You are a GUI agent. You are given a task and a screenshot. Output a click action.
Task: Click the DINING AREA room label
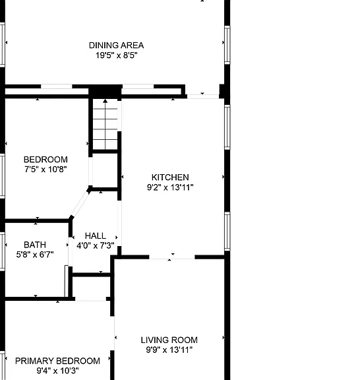116,46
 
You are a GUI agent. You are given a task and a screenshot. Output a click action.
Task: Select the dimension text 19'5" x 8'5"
116,55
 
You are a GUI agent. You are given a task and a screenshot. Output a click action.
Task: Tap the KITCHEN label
170,177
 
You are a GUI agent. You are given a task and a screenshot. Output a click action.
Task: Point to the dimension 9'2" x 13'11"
170,187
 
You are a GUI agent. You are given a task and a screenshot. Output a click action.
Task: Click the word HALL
96,236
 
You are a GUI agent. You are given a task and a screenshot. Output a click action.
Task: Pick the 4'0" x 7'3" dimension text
96,245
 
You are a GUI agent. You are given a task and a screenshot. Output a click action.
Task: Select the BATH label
35,245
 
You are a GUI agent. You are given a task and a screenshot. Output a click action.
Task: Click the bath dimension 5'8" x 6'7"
35,255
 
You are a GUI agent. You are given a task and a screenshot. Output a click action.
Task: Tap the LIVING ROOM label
169,340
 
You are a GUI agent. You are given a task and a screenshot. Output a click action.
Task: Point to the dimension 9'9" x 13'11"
169,350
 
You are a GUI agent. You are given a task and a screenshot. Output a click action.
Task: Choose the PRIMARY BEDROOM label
57,361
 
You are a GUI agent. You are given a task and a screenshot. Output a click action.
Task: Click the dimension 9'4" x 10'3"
57,371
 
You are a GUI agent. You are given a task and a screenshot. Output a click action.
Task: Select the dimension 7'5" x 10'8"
45,169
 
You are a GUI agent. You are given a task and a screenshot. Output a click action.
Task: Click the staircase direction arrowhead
105,101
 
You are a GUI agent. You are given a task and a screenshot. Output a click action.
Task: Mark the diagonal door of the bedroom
80,204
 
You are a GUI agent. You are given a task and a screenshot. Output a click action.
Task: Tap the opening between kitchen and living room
172,257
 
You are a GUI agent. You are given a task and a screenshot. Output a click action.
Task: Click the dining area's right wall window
227,45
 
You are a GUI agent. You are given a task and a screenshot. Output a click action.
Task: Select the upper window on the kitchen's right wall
227,127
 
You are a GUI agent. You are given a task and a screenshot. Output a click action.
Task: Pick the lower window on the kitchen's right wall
227,232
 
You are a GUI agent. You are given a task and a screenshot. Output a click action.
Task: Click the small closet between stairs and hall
105,170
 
